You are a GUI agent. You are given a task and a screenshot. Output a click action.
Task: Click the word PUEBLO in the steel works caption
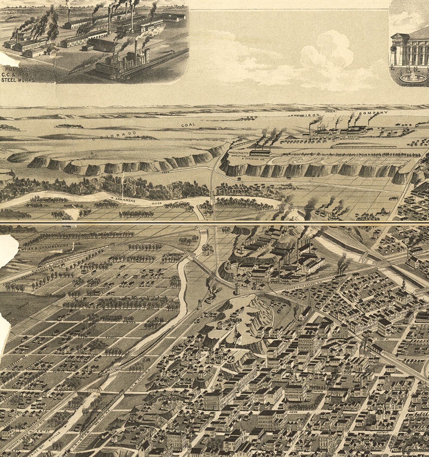[17, 69]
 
